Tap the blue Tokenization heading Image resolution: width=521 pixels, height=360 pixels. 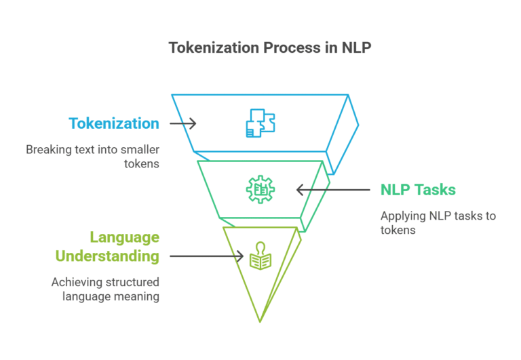(114, 123)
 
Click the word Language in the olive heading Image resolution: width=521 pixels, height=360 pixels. (125, 237)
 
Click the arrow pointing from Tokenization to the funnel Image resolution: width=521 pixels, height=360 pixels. (182, 123)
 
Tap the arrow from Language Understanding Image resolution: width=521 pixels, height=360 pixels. (206, 256)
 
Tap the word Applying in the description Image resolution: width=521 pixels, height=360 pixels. (400, 216)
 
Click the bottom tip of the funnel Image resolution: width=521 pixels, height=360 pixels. (260, 320)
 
